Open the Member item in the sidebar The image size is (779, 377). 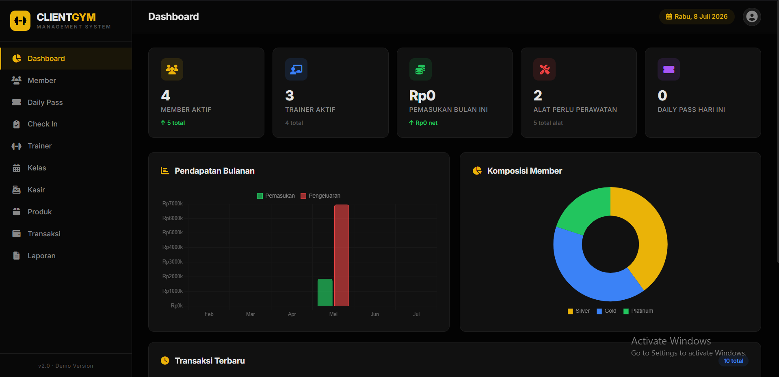[34, 81]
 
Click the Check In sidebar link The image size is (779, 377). [35, 124]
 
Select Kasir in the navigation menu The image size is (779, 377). [28, 190]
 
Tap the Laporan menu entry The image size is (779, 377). [34, 256]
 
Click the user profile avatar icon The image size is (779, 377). [752, 17]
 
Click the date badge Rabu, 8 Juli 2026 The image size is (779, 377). [697, 17]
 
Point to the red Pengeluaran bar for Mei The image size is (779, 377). [342, 255]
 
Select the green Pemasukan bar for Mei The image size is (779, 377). [325, 292]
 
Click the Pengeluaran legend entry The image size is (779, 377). [320, 196]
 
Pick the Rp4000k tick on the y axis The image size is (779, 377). [173, 247]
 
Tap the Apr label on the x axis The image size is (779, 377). [292, 314]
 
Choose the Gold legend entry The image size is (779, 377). [606, 311]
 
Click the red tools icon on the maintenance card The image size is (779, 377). [544, 70]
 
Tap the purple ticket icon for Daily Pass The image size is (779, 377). [669, 70]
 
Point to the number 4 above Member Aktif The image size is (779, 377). [165, 96]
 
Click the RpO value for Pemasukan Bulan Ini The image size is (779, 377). [422, 96]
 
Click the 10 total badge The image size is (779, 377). [734, 361]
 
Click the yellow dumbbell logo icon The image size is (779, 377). [20, 21]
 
